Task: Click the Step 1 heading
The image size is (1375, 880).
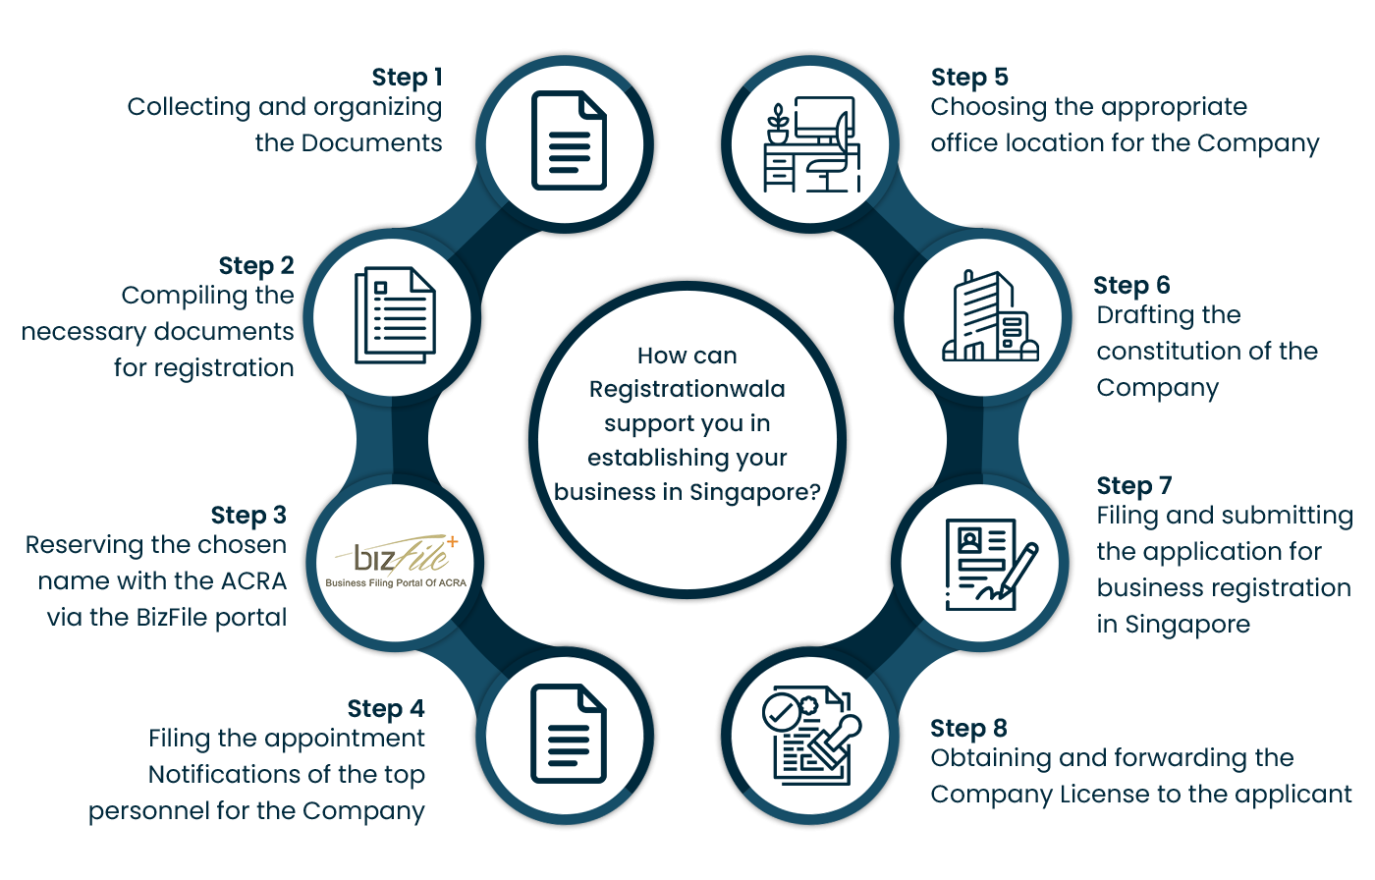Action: [x=407, y=78]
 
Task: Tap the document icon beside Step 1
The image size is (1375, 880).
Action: [x=569, y=140]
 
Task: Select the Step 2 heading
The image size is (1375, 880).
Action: [x=256, y=266]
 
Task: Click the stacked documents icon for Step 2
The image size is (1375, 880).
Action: [x=394, y=314]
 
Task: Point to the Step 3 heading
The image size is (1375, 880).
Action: [x=248, y=516]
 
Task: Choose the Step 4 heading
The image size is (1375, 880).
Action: [x=386, y=709]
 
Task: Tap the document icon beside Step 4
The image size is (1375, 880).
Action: [x=569, y=734]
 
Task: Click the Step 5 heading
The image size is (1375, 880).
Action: [x=969, y=78]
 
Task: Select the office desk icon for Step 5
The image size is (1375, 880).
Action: [x=811, y=144]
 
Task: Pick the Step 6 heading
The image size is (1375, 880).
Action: [x=1131, y=286]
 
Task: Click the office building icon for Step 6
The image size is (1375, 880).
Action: [x=989, y=316]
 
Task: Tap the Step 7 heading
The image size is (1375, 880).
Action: [x=1134, y=486]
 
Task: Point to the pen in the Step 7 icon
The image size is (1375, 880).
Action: [x=1017, y=570]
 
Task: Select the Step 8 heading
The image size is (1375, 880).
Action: [x=968, y=729]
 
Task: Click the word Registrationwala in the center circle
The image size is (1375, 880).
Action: [x=687, y=389]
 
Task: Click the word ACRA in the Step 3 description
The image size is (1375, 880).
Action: [x=253, y=581]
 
